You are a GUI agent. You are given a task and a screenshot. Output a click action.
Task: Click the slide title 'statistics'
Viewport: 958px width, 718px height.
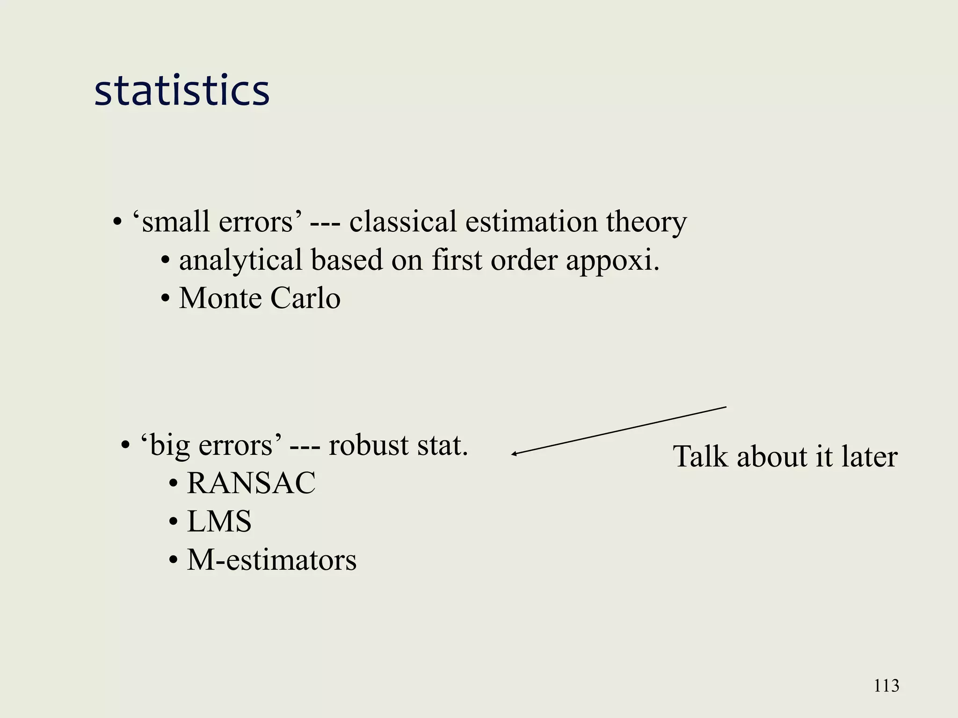coord(182,90)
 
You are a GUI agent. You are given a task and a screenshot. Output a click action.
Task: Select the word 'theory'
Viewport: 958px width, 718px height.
coord(646,222)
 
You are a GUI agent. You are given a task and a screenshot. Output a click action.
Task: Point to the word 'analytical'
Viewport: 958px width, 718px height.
coord(240,260)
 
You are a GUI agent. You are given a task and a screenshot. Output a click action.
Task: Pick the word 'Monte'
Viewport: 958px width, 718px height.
coord(220,298)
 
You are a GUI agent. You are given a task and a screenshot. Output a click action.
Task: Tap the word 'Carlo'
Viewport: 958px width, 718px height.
coord(305,298)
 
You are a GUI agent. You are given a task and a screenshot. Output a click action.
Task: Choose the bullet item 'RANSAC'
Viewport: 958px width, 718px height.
coord(251,483)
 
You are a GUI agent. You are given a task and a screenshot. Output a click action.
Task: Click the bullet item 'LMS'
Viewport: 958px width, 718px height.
coord(219,521)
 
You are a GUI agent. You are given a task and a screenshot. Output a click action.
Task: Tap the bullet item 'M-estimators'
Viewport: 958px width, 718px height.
coord(271,560)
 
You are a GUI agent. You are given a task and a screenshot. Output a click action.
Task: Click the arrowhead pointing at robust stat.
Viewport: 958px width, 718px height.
coord(514,453)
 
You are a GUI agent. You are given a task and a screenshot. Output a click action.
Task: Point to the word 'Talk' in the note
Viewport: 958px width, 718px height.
coord(700,456)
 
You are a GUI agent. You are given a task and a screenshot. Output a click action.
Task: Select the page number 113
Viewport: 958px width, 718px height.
coord(886,686)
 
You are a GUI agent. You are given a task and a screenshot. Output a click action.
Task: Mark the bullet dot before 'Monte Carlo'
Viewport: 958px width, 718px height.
coord(165,299)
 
